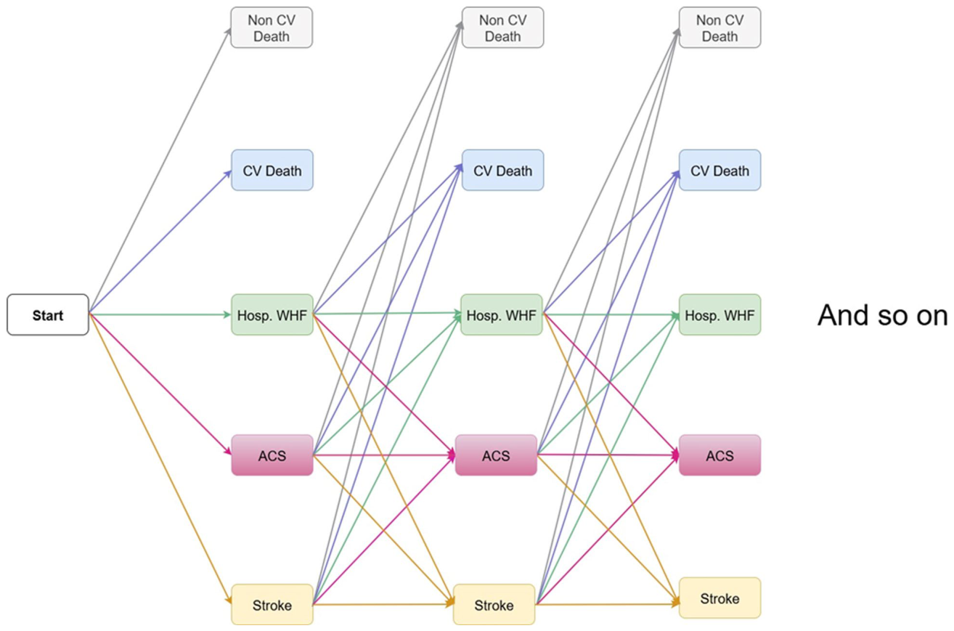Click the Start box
[48, 315]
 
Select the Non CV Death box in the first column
[272, 28]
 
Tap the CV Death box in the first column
[272, 170]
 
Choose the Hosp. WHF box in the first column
[272, 315]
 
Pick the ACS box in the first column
[272, 455]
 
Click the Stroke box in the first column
[272, 604]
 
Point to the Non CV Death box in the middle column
[503, 28]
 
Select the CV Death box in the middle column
[503, 170]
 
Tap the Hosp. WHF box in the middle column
[502, 315]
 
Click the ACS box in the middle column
[496, 455]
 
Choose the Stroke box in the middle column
[494, 604]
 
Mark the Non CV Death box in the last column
[719, 28]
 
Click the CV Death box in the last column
[719, 170]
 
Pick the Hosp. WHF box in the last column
[719, 315]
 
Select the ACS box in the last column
[719, 455]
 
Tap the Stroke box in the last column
[719, 598]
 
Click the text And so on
[882, 316]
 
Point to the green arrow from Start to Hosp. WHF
[160, 315]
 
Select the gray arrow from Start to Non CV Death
[160, 171]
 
